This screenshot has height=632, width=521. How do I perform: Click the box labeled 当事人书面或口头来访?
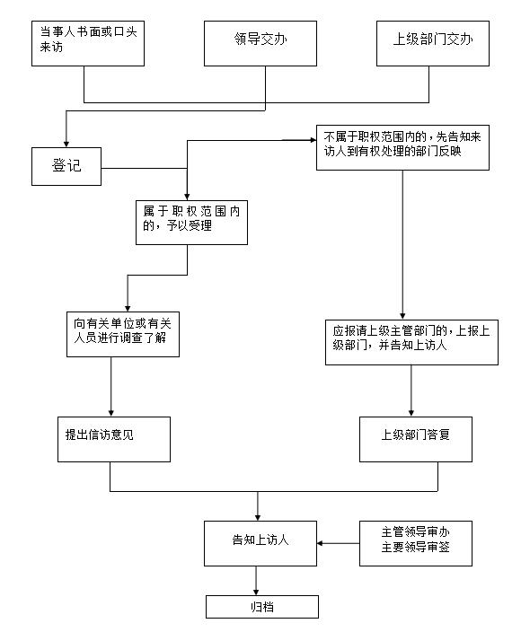(x=88, y=43)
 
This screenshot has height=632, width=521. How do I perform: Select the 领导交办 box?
(x=260, y=43)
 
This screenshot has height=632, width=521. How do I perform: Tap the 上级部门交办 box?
(x=433, y=43)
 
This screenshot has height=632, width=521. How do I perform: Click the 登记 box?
(x=66, y=166)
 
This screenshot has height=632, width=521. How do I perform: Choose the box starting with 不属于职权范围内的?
(x=402, y=147)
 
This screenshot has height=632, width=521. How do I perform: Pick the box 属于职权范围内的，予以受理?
(x=191, y=223)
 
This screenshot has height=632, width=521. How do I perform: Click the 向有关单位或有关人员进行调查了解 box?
(x=123, y=334)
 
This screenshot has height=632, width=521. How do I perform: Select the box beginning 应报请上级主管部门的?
(x=411, y=343)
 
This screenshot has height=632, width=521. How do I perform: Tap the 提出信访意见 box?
(x=114, y=439)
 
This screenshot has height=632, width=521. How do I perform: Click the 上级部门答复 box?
(x=416, y=439)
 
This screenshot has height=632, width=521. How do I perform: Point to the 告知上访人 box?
(x=260, y=543)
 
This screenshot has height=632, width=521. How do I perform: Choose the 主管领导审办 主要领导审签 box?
(x=416, y=543)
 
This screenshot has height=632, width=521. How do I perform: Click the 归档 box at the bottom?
(x=262, y=607)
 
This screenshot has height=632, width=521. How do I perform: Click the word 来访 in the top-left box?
(x=51, y=48)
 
